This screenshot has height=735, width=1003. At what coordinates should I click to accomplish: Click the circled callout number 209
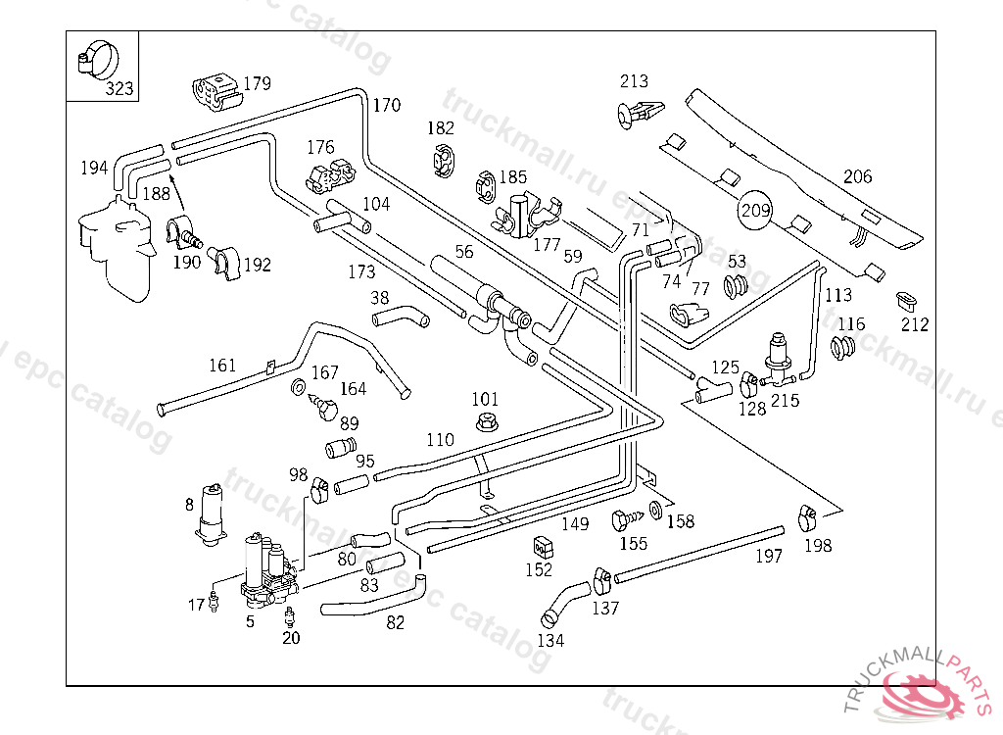[755, 209]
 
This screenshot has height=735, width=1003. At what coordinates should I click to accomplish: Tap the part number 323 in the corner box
[119, 88]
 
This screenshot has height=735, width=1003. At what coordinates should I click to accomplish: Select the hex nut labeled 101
[484, 422]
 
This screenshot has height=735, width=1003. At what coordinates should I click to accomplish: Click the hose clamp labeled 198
[807, 514]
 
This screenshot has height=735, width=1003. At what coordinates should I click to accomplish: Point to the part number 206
[857, 177]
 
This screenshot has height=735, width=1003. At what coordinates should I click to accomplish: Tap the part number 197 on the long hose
[769, 557]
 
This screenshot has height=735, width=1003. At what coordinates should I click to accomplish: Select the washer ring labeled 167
[298, 385]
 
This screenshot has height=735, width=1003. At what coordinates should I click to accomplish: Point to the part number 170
[386, 105]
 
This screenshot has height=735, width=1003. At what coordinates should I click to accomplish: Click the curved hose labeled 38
[400, 317]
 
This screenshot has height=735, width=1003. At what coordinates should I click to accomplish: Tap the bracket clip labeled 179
[215, 90]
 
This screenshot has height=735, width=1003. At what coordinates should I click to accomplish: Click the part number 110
[440, 440]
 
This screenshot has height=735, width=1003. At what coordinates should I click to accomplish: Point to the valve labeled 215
[780, 360]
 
